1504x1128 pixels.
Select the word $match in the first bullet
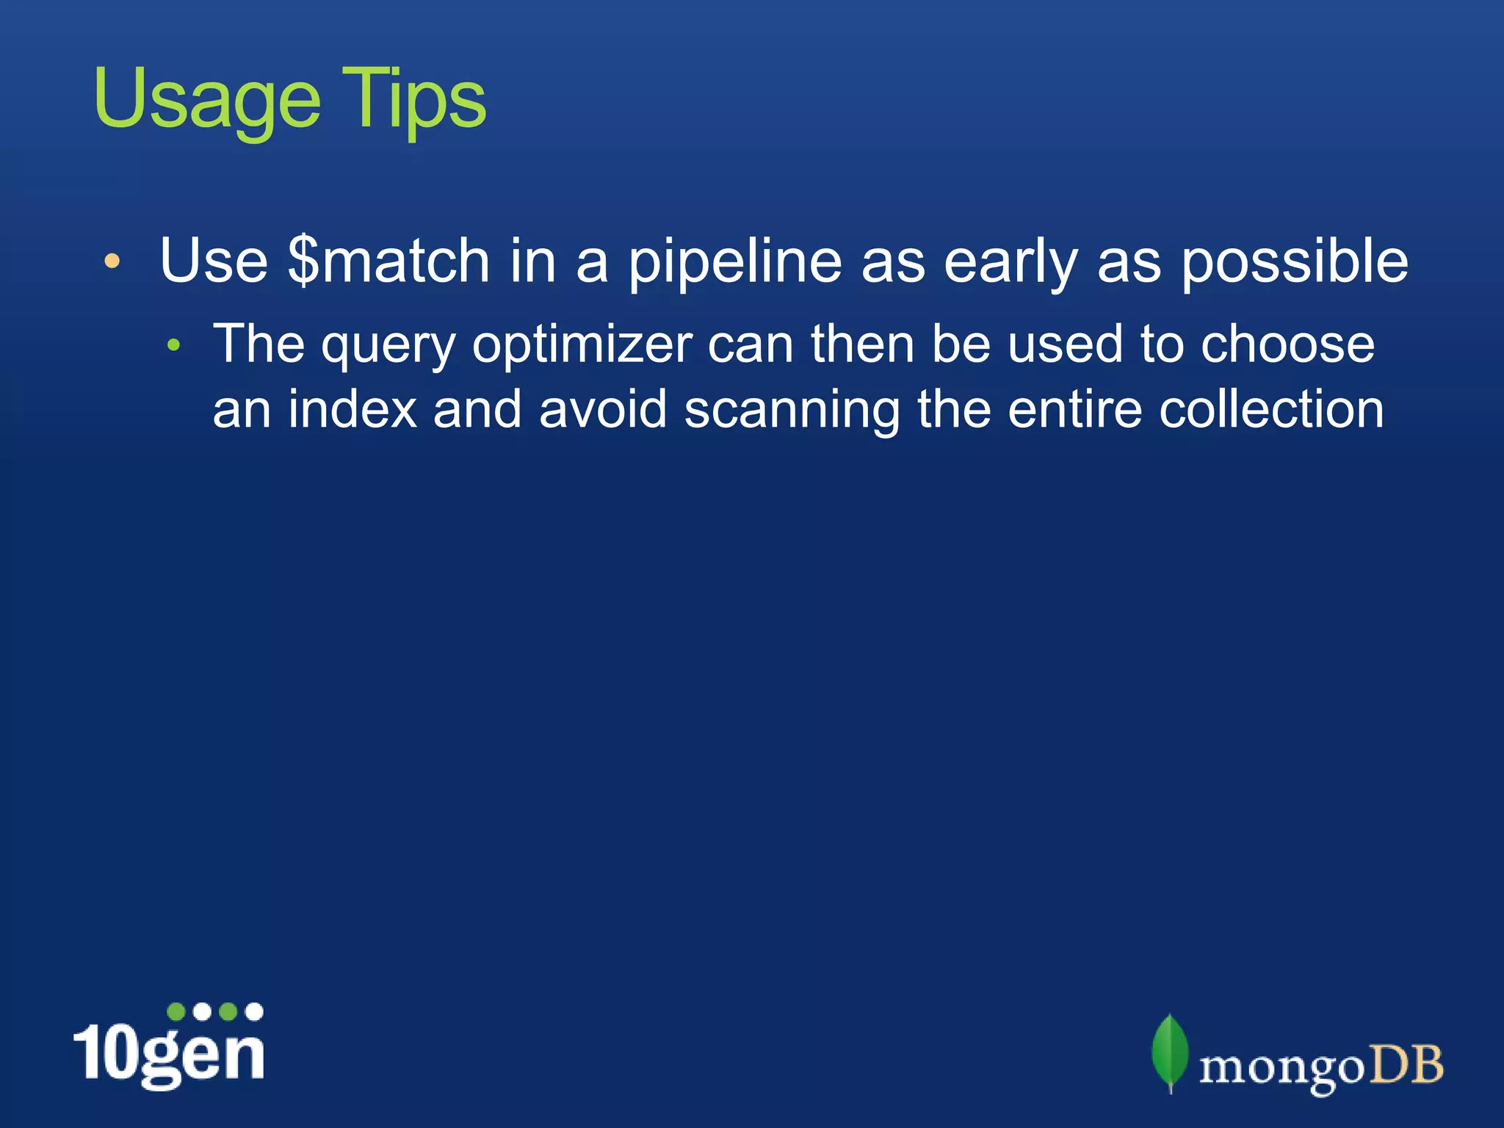[388, 261]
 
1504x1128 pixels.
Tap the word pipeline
[734, 263]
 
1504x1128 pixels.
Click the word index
[352, 409]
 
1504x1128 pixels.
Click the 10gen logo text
[169, 1050]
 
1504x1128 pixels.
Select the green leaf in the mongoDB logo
[1170, 1052]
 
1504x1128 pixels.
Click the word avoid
[602, 409]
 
